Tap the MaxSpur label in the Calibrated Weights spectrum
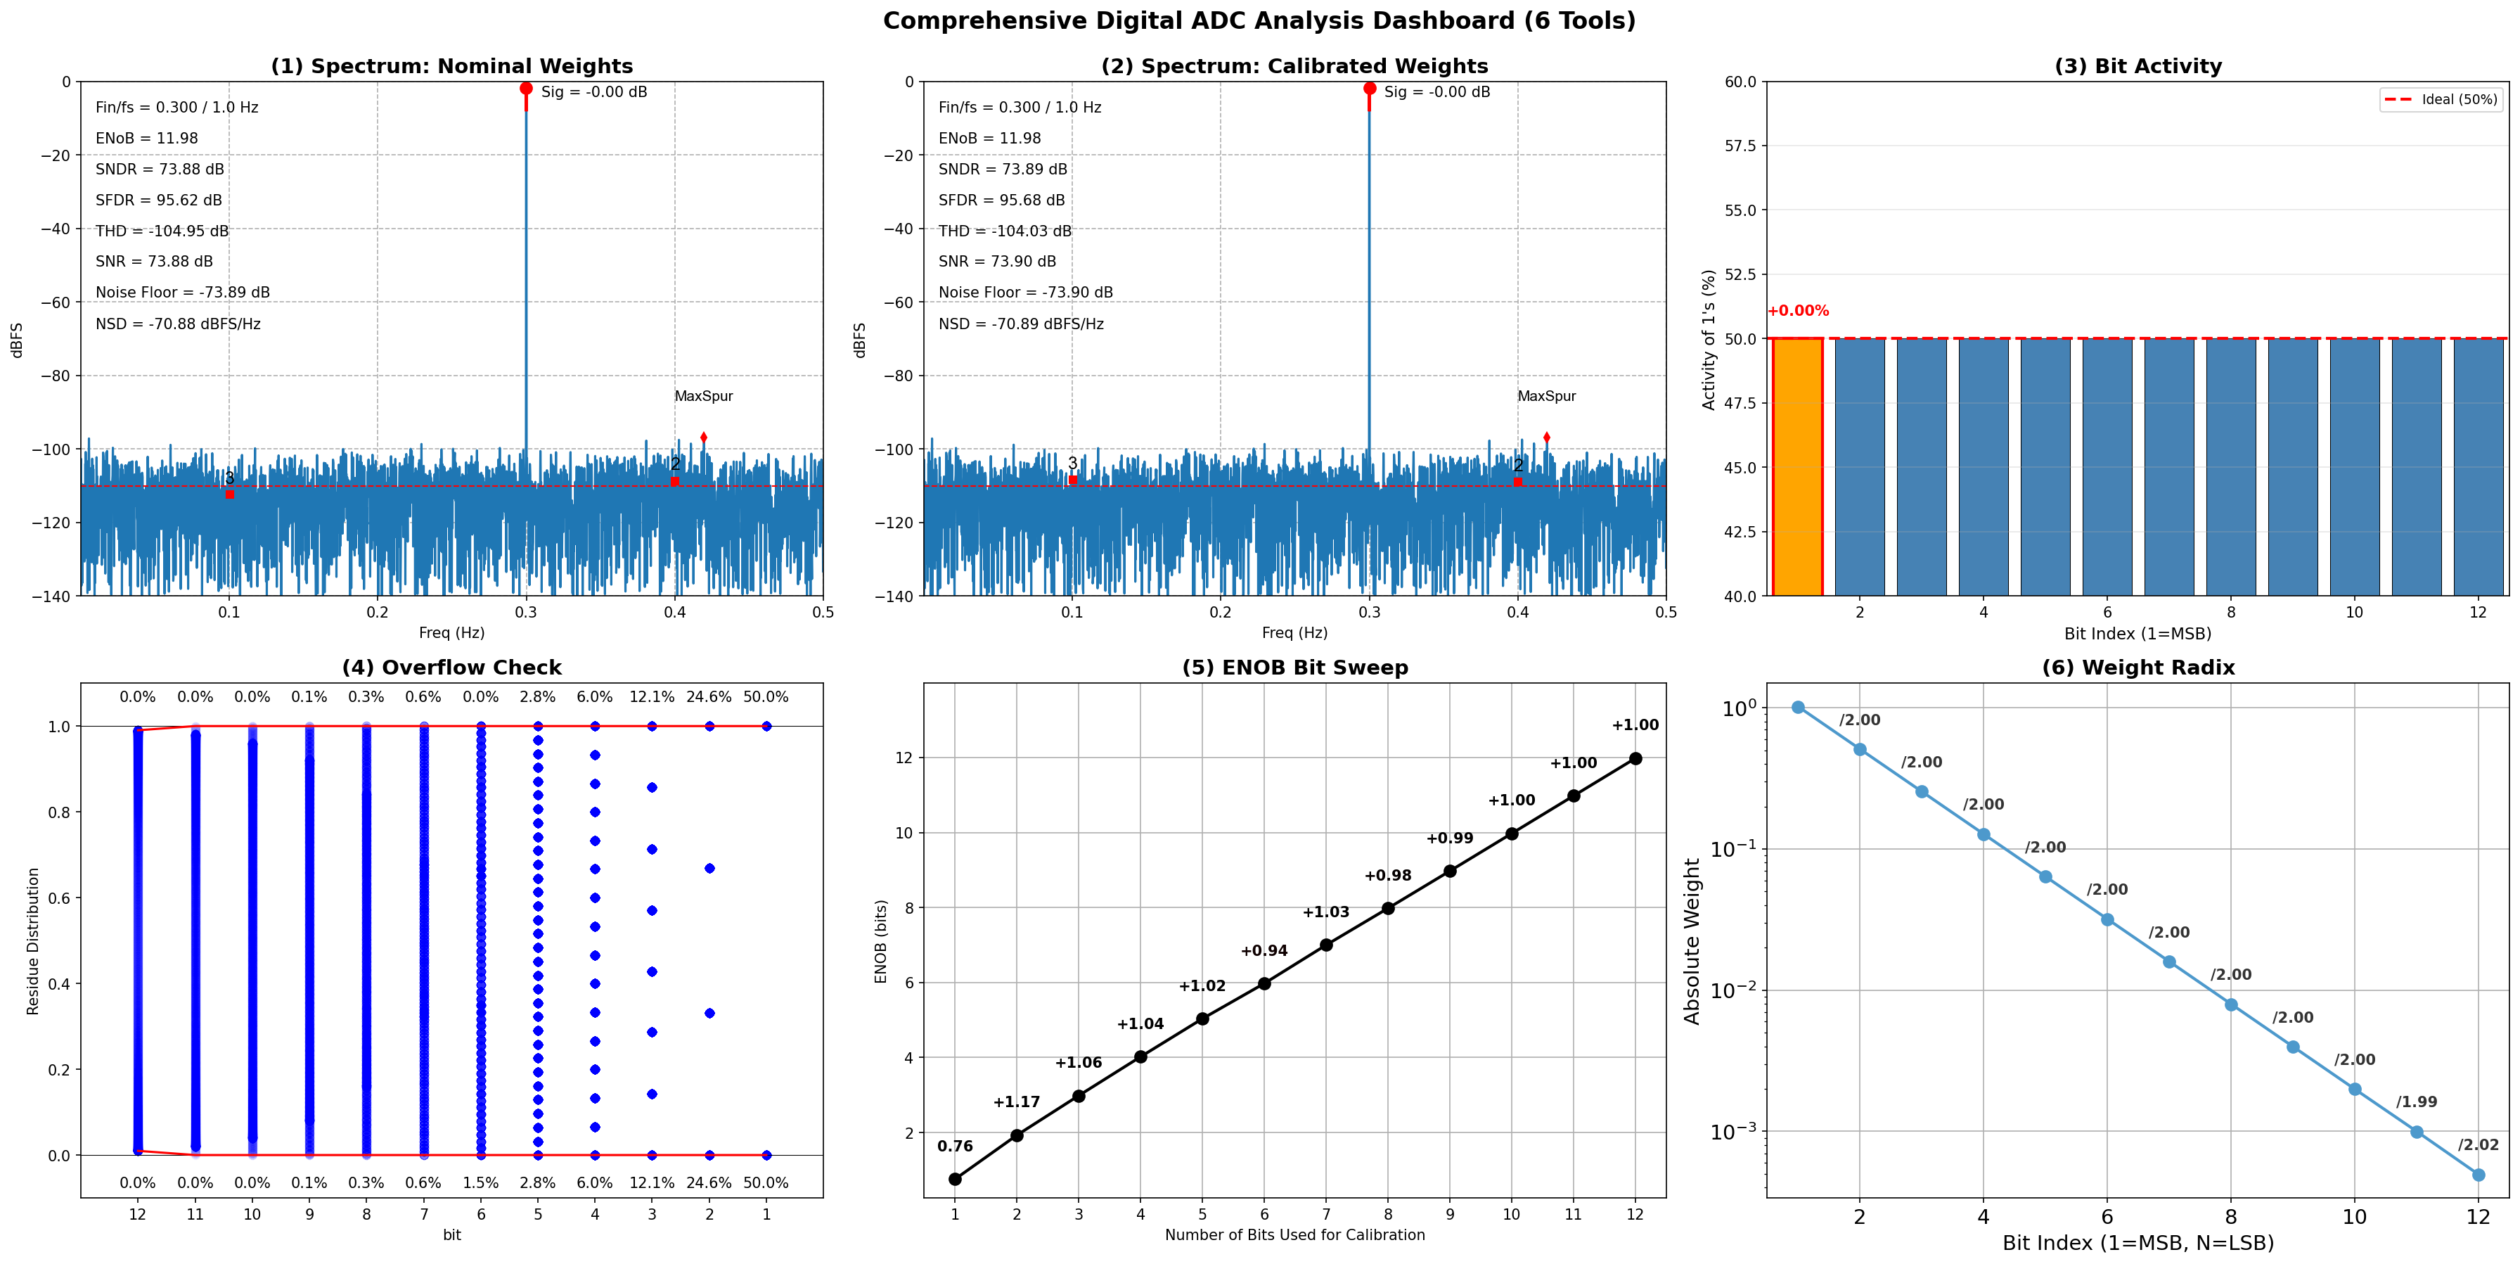[x=1547, y=396]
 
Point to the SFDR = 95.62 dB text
[x=158, y=200]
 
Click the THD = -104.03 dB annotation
[x=1005, y=231]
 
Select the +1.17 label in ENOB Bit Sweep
[x=1017, y=1102]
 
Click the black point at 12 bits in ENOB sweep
[x=1635, y=758]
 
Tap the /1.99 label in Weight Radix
[x=2417, y=1102]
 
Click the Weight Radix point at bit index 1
[x=1798, y=708]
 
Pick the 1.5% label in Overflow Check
[x=480, y=1183]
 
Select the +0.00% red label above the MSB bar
[x=1798, y=311]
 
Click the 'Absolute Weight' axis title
[x=1692, y=941]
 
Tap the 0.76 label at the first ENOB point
[x=955, y=1147]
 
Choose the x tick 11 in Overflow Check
[x=195, y=1214]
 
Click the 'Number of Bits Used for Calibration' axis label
[x=1294, y=1234]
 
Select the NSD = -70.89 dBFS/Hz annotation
[x=1020, y=324]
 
